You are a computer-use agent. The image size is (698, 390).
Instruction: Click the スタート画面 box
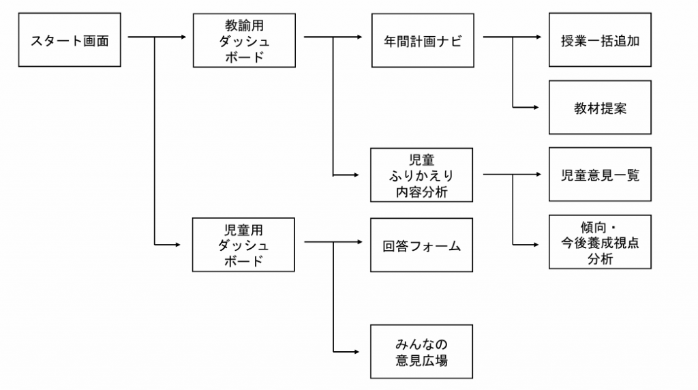click(70, 40)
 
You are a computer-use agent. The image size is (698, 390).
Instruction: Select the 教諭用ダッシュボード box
click(244, 40)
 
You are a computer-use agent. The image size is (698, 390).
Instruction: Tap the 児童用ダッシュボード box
click(244, 244)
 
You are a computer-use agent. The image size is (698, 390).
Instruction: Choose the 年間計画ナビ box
click(422, 40)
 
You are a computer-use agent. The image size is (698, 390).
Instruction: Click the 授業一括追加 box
click(600, 40)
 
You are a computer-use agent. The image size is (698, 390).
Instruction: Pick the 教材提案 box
click(600, 108)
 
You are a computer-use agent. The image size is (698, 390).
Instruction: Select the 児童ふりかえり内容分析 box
click(422, 175)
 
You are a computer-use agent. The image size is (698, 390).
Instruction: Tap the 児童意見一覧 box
click(600, 175)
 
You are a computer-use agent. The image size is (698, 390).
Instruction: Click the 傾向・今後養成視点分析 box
click(600, 243)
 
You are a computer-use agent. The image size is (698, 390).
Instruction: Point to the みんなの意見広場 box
click(422, 352)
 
